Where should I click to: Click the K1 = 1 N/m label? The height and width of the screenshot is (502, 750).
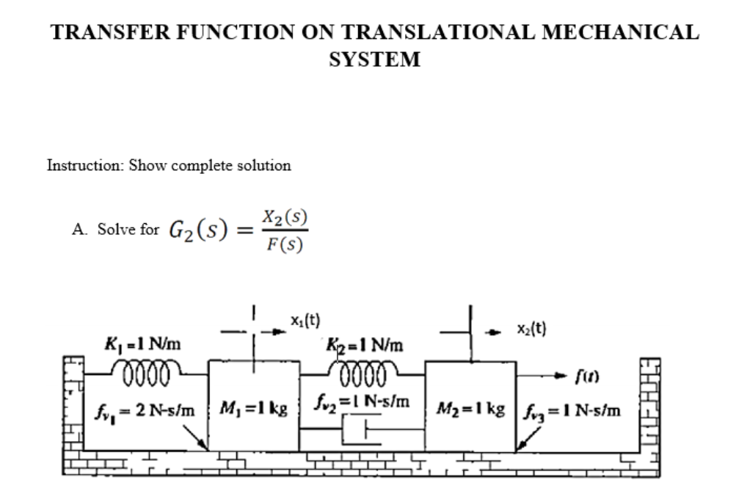pos(144,343)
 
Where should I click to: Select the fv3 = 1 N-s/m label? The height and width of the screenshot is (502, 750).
pos(571,410)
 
